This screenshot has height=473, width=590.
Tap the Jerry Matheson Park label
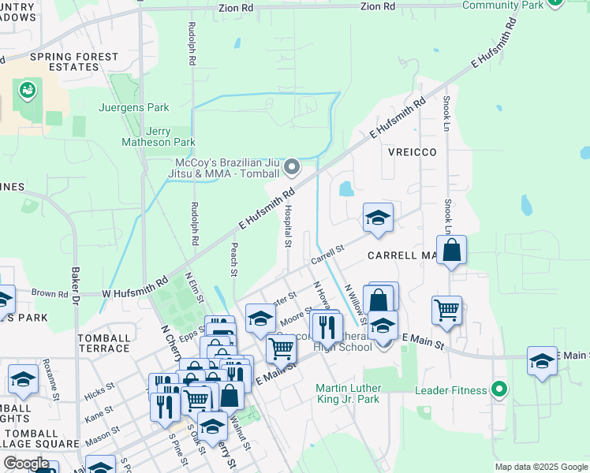click(159, 137)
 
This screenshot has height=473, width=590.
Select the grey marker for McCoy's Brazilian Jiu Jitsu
click(292, 166)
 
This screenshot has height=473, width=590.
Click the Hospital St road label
click(289, 225)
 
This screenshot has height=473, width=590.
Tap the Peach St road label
click(233, 259)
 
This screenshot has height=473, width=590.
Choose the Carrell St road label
click(327, 254)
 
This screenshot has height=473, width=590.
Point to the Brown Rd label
click(50, 292)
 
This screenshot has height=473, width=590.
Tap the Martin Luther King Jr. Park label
click(347, 393)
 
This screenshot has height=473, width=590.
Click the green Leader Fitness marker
click(498, 388)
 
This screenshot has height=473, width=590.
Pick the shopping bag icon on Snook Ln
click(451, 251)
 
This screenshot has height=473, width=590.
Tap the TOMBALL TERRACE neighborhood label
click(103, 343)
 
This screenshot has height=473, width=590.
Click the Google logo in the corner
click(26, 464)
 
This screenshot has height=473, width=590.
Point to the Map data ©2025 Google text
click(540, 467)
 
